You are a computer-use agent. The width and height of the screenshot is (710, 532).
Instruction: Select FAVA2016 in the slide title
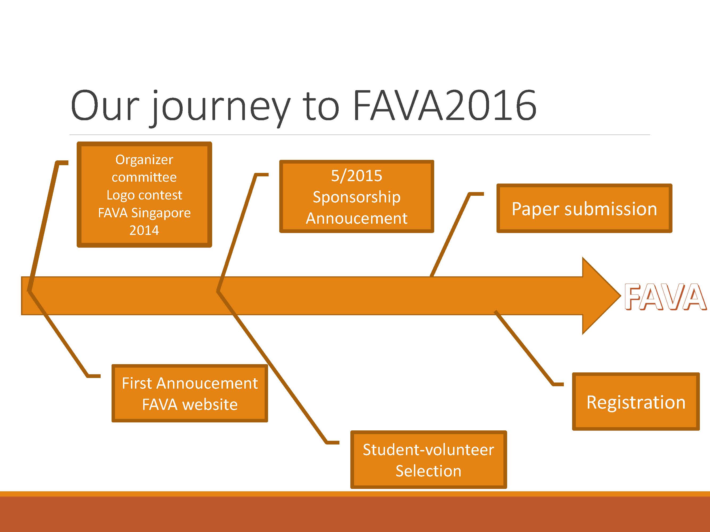tap(445, 105)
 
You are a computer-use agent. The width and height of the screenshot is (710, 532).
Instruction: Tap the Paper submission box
tap(584, 208)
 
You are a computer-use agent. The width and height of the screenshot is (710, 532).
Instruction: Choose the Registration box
tap(636, 401)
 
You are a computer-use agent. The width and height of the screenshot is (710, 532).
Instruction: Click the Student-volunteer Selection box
tap(429, 460)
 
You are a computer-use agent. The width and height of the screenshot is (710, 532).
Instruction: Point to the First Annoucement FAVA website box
tap(190, 393)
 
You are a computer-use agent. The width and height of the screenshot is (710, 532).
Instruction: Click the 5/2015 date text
tap(357, 176)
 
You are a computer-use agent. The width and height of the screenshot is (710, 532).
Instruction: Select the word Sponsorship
tap(357, 197)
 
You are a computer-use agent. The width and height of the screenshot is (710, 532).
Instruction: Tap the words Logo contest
tap(145, 195)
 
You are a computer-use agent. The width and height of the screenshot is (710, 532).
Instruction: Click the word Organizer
tap(145, 160)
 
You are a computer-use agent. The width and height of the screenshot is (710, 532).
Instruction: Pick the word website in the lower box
tap(210, 404)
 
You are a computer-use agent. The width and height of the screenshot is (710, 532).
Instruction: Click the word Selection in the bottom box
tap(429, 471)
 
